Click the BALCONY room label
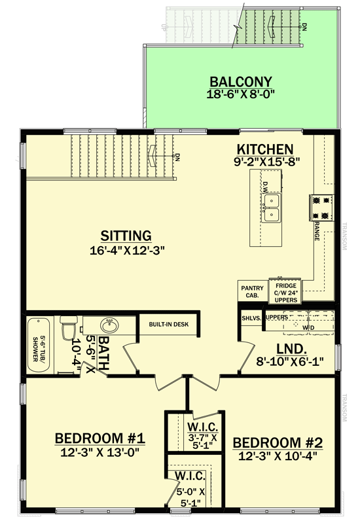click(240, 82)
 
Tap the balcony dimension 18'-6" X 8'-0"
click(240, 94)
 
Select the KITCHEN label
click(265, 149)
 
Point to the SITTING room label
click(126, 235)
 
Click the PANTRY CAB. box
click(251, 291)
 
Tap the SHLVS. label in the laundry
click(251, 317)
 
